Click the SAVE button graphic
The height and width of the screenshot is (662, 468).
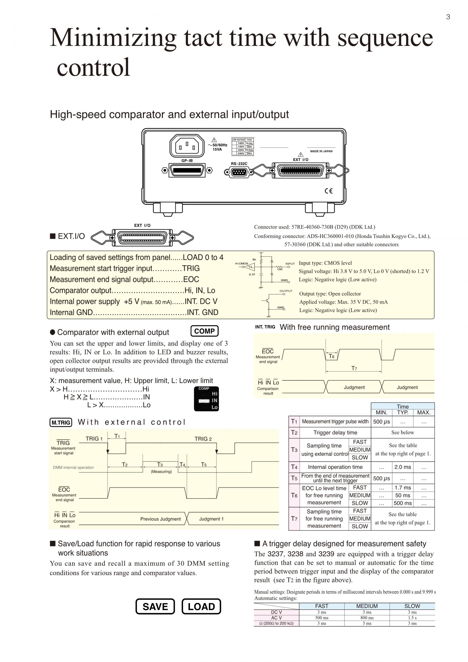155,606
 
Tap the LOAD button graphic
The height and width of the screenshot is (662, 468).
201,606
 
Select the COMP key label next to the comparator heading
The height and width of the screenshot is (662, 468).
204,331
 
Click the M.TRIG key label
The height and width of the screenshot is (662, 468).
61,422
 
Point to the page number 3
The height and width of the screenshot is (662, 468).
448,17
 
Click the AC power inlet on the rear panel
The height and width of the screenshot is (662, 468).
187,146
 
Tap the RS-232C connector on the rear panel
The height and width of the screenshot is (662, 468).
239,172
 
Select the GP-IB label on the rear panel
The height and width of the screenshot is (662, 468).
187,161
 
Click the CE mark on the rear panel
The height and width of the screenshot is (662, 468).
329,191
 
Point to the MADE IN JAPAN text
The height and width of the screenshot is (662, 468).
321,151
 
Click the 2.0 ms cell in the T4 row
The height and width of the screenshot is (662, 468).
403,467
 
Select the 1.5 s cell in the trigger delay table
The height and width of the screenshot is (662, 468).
412,618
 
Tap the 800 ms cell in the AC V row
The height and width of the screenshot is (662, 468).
367,618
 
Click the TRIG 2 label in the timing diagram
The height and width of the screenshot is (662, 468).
203,439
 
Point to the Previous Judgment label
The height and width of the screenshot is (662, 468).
161,519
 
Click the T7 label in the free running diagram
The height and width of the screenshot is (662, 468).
354,368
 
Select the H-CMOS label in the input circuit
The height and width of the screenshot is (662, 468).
242,263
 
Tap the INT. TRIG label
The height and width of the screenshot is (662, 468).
265,327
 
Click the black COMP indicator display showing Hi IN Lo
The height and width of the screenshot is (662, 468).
206,399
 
